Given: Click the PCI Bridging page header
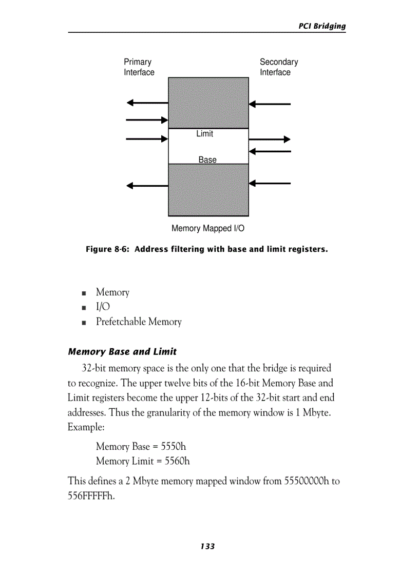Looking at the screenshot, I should [x=322, y=26].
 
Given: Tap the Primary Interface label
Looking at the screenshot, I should [x=139, y=67].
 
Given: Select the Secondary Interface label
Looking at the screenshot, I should [x=278, y=67].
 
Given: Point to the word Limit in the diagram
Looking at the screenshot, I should [x=204, y=134].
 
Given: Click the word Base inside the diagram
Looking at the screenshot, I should [x=207, y=160].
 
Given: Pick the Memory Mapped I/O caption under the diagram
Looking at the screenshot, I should [x=208, y=228].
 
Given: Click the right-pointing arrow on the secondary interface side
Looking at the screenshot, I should [x=270, y=139].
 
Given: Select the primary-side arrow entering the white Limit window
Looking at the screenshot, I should [x=147, y=138].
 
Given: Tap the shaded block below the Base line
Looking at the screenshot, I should [x=208, y=190].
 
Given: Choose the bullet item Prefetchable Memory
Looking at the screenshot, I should [x=139, y=322].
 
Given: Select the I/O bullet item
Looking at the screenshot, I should [x=103, y=307].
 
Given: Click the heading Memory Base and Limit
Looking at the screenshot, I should [x=122, y=352].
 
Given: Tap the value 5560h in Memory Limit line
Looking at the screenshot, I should [x=177, y=461].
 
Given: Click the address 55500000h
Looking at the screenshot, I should [x=306, y=482].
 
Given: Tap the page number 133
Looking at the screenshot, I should [x=207, y=547].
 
